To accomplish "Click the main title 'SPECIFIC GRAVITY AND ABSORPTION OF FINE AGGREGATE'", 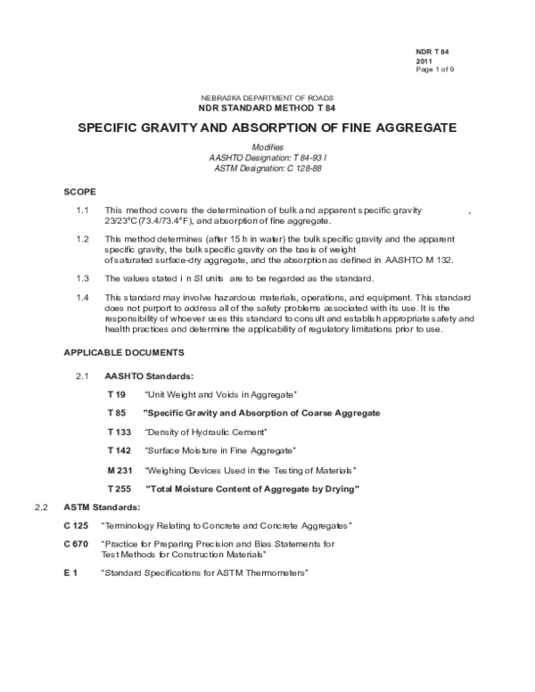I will point(267,128).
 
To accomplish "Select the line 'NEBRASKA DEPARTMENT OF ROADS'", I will point(266,96).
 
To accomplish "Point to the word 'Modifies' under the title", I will point(267,146).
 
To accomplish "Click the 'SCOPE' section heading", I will point(79,192).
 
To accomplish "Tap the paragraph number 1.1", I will point(84,210).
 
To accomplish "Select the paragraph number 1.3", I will point(84,278).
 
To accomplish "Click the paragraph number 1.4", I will point(84,296).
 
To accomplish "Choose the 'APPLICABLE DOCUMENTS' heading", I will point(124,352).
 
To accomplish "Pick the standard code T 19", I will point(117,394).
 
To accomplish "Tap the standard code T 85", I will point(117,413).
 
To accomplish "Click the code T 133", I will point(119,432).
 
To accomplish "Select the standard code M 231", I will point(119,469).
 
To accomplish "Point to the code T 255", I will point(119,489).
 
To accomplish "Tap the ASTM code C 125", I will point(76,525).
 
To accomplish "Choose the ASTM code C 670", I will point(76,543).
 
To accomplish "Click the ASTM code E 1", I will point(70,572).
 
